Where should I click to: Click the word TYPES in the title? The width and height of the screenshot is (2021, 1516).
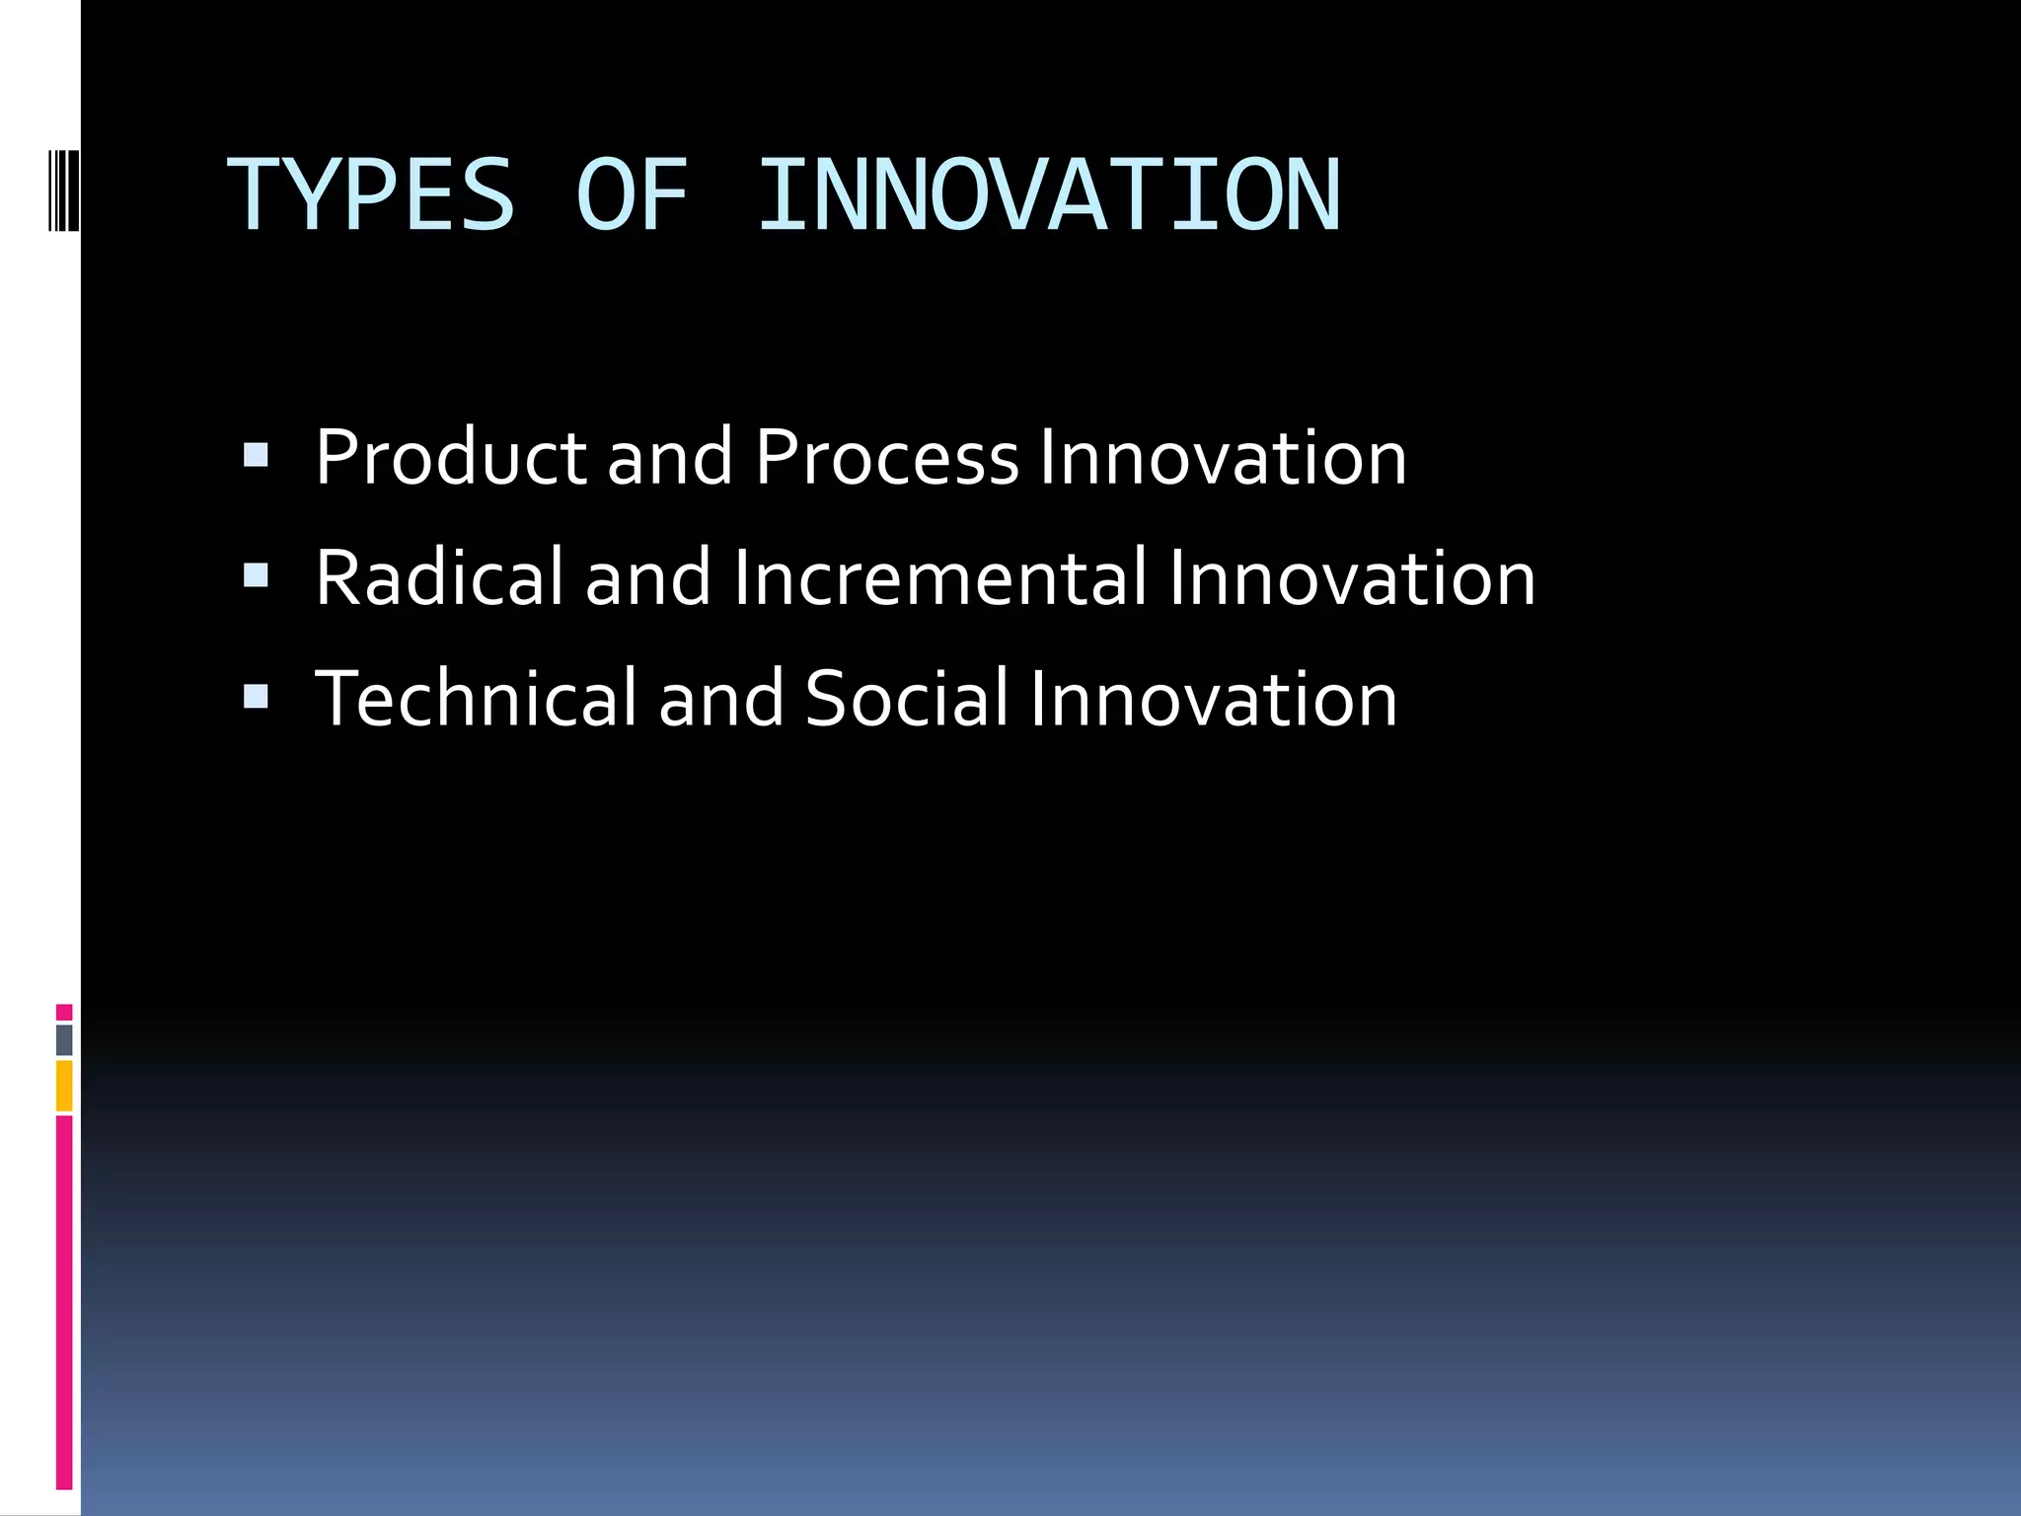coord(371,195)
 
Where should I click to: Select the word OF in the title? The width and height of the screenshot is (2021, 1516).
coord(632,195)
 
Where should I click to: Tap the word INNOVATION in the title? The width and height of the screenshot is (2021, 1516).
coord(1049,195)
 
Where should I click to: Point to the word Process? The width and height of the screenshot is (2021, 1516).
coord(886,458)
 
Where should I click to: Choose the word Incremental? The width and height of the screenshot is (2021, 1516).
coord(939,578)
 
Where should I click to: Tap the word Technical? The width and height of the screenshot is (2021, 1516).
coord(476,699)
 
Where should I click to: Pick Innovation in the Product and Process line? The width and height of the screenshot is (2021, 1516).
coord(1223,458)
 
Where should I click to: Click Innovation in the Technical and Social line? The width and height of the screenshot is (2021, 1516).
coord(1213,699)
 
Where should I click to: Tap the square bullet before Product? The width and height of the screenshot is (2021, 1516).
coord(256,455)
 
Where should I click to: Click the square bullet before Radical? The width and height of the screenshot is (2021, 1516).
coord(256,575)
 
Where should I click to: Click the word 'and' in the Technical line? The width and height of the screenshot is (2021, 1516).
coord(720,699)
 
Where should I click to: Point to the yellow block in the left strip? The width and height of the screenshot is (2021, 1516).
coord(64,1086)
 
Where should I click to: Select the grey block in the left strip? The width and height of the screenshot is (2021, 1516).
coord(64,1040)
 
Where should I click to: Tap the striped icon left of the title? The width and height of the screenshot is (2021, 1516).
coord(63,188)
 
